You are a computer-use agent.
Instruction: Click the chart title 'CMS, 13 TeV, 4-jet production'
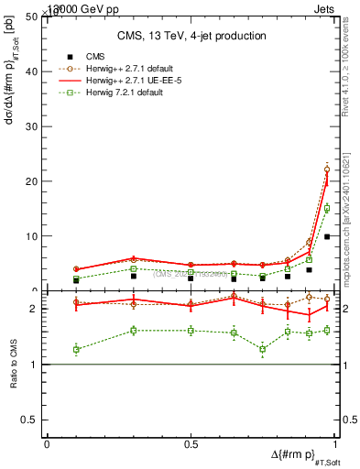click(x=192, y=36)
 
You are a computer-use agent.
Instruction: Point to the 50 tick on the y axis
click(x=35, y=16)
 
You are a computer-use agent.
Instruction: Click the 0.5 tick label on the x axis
click(x=191, y=444)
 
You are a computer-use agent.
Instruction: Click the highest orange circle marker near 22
click(x=327, y=169)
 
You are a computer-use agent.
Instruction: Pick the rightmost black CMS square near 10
click(x=327, y=236)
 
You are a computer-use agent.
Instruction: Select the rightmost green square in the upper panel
click(x=327, y=208)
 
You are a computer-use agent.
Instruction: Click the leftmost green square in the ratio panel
click(x=76, y=349)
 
